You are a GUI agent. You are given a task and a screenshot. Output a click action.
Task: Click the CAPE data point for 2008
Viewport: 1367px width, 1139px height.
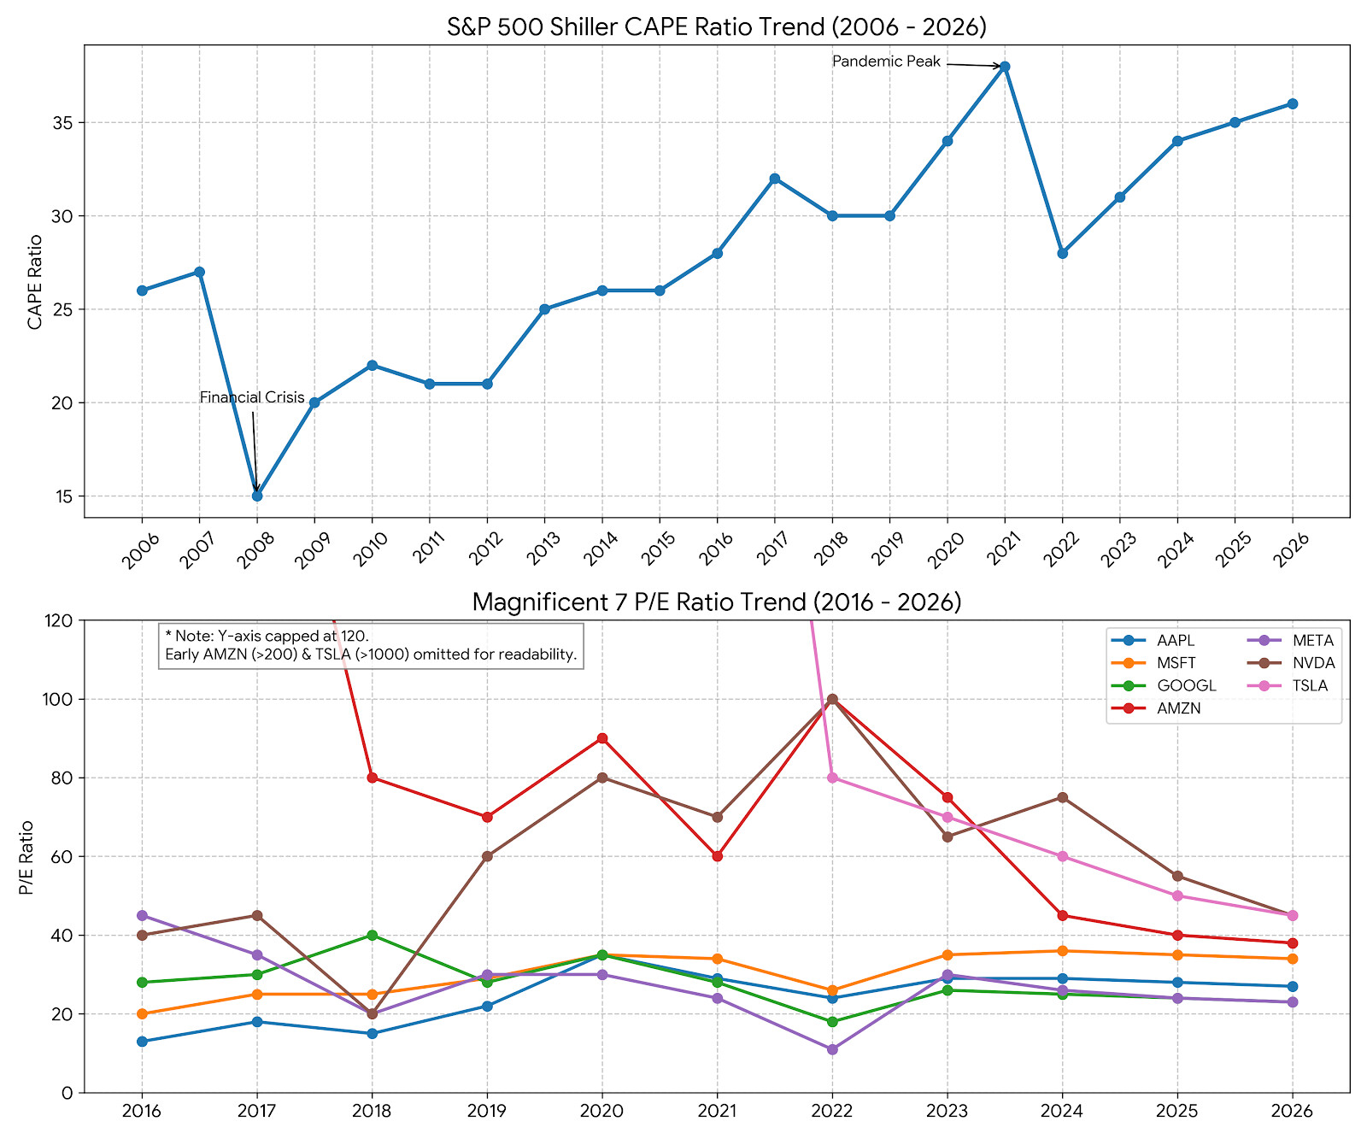tap(257, 496)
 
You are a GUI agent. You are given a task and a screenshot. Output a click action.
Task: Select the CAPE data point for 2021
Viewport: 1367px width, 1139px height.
tap(1005, 67)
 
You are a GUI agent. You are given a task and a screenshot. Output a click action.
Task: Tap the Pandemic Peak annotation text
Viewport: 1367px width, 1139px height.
tap(886, 62)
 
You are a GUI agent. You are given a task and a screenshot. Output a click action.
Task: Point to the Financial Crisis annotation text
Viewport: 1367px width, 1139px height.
tap(252, 397)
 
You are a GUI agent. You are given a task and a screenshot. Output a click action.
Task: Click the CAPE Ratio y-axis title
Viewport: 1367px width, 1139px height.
tap(35, 281)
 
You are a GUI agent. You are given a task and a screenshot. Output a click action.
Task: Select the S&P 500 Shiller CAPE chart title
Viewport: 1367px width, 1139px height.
tap(717, 26)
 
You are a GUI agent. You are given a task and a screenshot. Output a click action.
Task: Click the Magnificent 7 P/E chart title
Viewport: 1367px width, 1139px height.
tap(717, 602)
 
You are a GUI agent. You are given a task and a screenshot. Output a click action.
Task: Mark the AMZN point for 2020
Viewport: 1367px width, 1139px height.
tap(602, 738)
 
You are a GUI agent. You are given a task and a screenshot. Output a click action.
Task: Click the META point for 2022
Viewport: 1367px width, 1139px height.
tap(832, 1049)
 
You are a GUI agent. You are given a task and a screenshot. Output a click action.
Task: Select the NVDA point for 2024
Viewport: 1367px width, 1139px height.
tap(1062, 797)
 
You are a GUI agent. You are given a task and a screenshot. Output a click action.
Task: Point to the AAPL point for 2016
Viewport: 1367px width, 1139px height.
tap(142, 1042)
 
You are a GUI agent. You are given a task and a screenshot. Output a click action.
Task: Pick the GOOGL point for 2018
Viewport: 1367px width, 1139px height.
tap(372, 935)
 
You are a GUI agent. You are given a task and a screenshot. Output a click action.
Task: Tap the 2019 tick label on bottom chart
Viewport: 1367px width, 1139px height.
tap(487, 1112)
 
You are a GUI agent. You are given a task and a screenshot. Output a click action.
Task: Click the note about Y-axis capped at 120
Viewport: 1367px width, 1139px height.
tap(371, 646)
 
